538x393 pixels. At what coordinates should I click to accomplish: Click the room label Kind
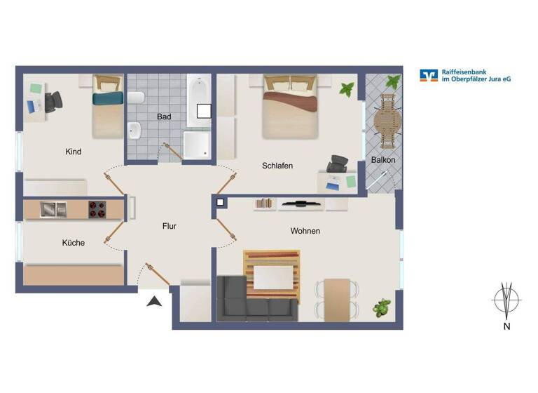[73, 152]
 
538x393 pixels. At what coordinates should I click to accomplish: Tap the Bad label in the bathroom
[165, 116]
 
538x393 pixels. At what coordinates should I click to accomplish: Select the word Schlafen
[277, 166]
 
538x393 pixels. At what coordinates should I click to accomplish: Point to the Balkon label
[383, 160]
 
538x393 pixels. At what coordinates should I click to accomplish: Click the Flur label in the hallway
[169, 226]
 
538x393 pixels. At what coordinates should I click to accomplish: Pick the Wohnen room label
[305, 231]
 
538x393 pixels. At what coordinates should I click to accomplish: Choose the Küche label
[73, 243]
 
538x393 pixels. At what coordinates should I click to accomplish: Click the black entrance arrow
[155, 301]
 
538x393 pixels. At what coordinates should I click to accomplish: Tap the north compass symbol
[506, 300]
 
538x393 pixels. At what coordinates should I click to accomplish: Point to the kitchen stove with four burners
[97, 208]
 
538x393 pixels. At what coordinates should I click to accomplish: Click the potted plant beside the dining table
[382, 307]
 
